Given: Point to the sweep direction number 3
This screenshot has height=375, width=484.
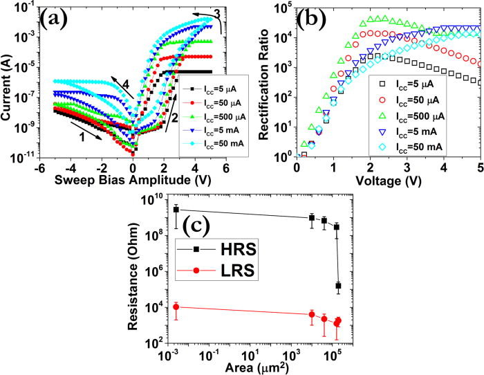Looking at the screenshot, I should click(216, 12).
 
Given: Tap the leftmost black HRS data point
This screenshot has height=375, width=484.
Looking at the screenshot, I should click(176, 210).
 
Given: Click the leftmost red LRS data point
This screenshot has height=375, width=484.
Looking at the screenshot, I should click(176, 307).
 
